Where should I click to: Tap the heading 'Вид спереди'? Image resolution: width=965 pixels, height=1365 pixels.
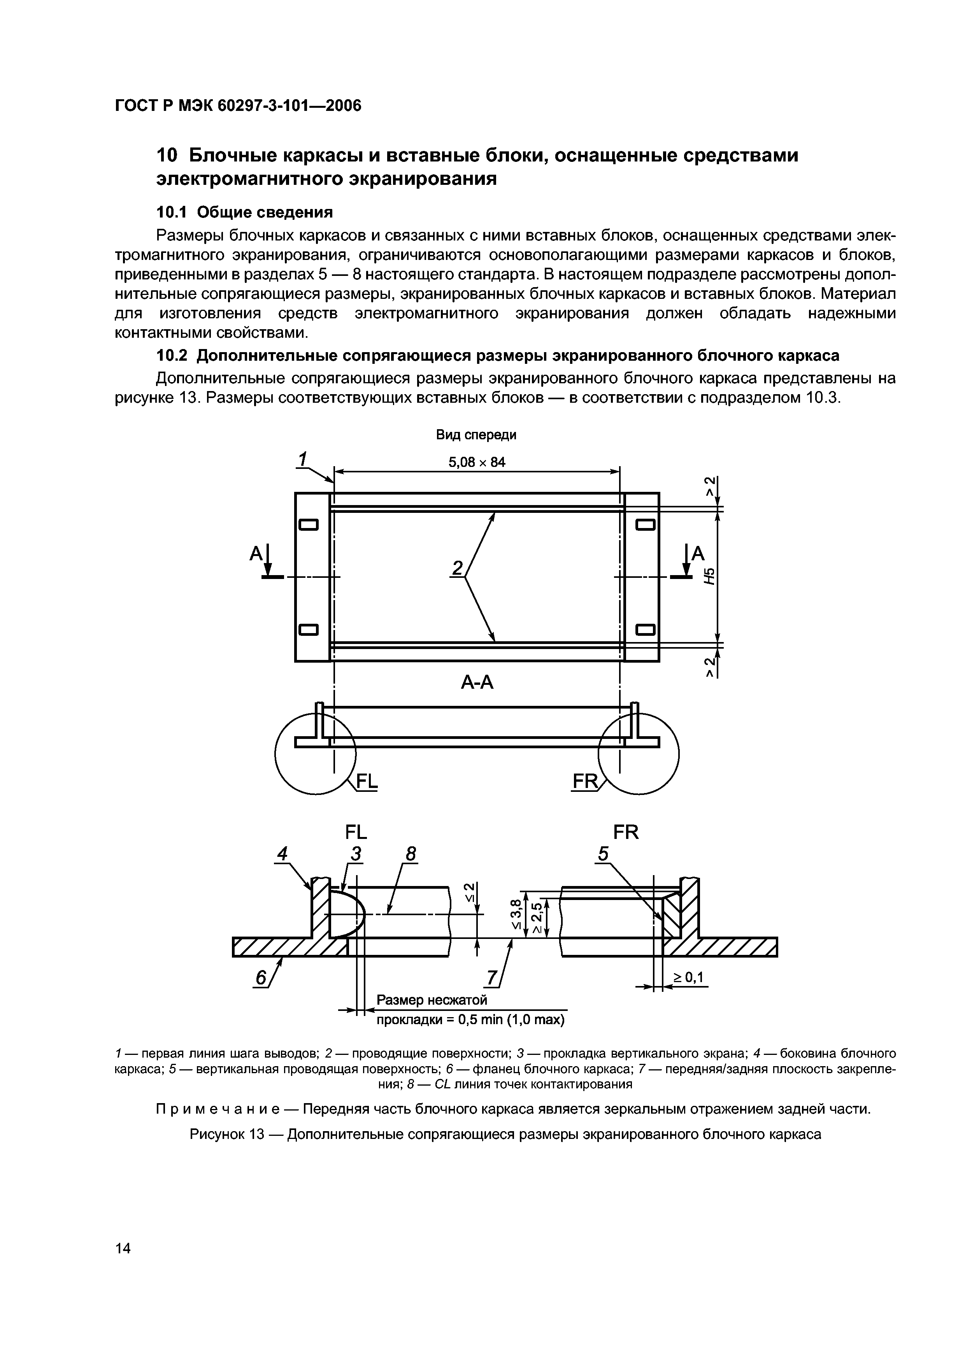476,435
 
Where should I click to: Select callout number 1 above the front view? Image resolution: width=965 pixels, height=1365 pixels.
303,460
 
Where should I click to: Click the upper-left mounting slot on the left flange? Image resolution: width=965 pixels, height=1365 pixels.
309,525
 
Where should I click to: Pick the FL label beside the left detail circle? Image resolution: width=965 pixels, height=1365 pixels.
366,781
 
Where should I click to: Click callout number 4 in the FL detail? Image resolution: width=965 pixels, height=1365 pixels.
282,854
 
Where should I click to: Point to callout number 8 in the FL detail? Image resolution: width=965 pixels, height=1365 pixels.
410,854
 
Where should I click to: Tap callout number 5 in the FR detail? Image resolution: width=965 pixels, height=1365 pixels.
604,854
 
